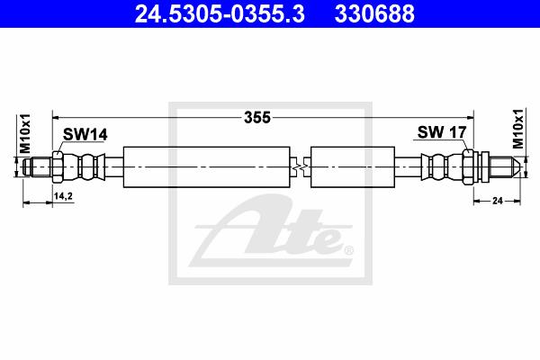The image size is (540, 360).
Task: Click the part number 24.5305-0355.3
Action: pyautogui.click(x=220, y=13)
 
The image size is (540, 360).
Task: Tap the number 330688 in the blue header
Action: pyautogui.click(x=374, y=13)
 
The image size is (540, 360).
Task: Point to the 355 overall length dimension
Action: pyautogui.click(x=257, y=118)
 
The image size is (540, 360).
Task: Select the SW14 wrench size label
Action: pyautogui.click(x=85, y=134)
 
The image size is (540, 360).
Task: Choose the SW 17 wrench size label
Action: pyautogui.click(x=442, y=132)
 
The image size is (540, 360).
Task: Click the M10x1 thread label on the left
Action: pyautogui.click(x=25, y=134)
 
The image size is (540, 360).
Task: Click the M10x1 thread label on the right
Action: pyautogui.click(x=517, y=129)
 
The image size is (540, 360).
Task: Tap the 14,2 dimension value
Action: pyautogui.click(x=63, y=196)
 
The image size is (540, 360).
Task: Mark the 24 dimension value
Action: pyautogui.click(x=498, y=200)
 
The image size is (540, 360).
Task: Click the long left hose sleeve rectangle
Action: pyautogui.click(x=207, y=167)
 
